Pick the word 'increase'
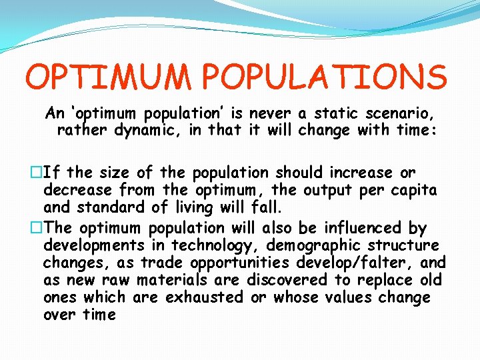pyautogui.click(x=362, y=173)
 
